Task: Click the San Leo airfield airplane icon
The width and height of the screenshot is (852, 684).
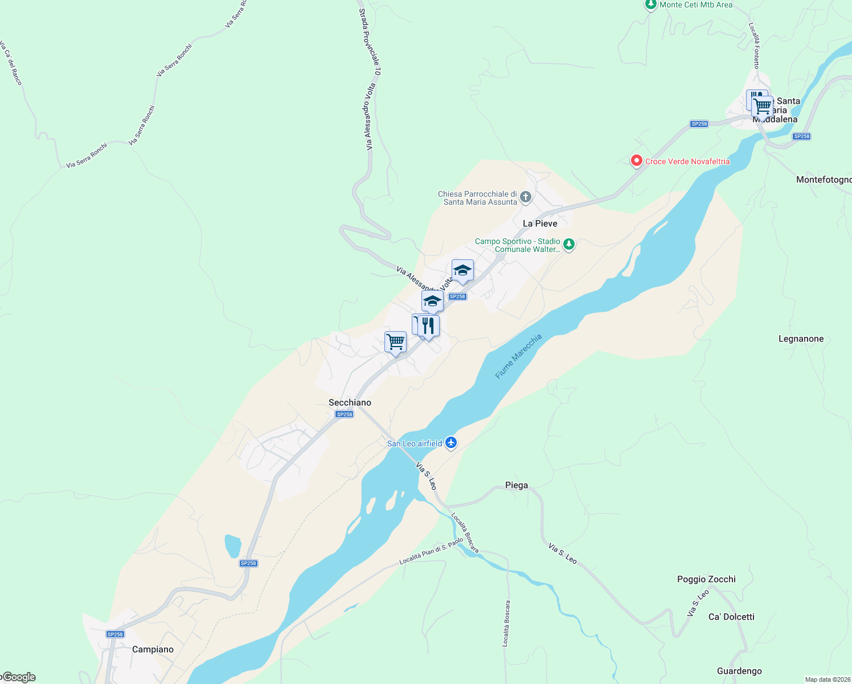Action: pos(451,443)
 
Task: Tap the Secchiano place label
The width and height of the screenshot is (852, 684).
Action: pos(350,402)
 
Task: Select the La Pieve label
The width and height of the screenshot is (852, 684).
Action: pos(540,223)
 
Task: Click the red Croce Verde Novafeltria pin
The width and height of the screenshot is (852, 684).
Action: pos(637,161)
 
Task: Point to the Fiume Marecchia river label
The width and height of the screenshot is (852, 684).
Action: pos(518,357)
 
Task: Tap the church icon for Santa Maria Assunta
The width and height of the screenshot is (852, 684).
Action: pos(526,197)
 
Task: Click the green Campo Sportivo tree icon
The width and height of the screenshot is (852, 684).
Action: pos(568,245)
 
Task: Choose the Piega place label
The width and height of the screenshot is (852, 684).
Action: pos(517,485)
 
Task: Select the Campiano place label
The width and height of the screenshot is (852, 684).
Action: pos(153,649)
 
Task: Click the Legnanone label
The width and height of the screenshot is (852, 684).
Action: pos(801,339)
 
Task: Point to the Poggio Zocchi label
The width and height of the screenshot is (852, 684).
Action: pos(706,579)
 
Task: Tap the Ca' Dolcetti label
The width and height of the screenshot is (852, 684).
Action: pos(731,617)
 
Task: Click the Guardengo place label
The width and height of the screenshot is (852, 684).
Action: pos(739,671)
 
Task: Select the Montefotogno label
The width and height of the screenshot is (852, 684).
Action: pos(824,180)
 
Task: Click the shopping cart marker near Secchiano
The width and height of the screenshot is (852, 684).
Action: pos(395,342)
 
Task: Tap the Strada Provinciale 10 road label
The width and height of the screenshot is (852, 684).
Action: pos(370,42)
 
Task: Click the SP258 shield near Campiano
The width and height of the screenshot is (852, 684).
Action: pos(115,634)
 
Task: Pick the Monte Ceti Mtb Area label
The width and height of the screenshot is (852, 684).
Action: pos(696,5)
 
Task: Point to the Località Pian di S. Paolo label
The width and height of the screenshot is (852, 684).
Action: pos(431,551)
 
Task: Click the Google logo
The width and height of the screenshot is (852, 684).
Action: pos(19,677)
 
